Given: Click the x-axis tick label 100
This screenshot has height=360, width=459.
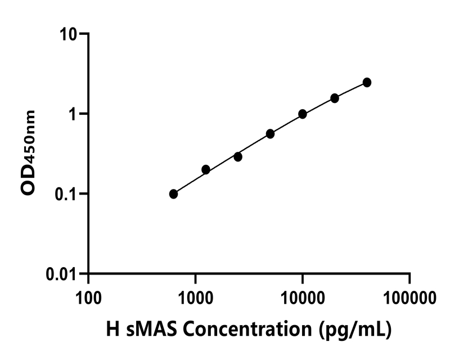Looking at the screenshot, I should point(88,296).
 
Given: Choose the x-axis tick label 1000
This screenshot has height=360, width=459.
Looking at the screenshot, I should point(195,296).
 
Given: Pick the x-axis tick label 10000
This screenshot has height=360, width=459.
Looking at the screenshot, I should point(302,296).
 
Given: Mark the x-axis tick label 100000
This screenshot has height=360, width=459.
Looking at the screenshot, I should point(409,296).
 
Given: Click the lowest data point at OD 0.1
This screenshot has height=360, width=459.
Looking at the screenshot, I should point(173,194).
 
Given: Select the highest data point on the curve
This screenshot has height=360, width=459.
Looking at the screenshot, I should point(367,83).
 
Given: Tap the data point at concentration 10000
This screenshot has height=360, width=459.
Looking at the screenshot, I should point(303,114).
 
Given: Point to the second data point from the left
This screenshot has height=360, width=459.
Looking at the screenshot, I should point(206,169).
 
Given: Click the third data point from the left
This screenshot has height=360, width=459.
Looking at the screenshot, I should point(238,157).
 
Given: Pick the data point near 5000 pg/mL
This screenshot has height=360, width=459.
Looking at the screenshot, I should point(271,134).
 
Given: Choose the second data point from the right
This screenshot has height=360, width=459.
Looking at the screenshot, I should point(335,98).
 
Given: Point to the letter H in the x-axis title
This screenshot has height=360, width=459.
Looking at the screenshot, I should point(112,330).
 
